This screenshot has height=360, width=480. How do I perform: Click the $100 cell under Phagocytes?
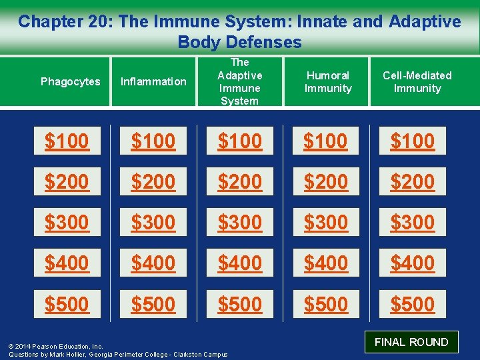tap(67, 141)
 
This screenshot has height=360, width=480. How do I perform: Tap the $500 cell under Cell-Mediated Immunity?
tap(413, 304)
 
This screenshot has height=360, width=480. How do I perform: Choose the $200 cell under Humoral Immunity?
tap(326, 181)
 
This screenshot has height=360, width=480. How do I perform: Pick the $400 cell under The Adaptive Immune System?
tap(240, 263)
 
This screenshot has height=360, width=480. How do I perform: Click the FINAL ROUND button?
tap(411, 342)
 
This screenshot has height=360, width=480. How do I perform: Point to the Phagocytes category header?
tap(71, 82)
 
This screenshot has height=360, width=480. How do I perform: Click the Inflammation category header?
tap(153, 82)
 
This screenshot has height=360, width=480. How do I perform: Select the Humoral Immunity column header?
tap(327, 82)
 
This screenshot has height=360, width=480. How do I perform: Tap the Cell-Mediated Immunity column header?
tap(417, 82)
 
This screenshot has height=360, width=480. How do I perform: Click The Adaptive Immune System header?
tap(240, 82)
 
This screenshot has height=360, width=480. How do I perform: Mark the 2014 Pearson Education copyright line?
tap(56, 347)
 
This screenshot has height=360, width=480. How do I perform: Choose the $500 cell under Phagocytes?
tap(67, 304)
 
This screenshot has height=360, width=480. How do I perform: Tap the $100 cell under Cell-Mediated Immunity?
tap(413, 141)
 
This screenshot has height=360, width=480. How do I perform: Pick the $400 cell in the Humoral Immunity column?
tap(326, 263)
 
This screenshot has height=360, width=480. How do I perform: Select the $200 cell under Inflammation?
tap(153, 181)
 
